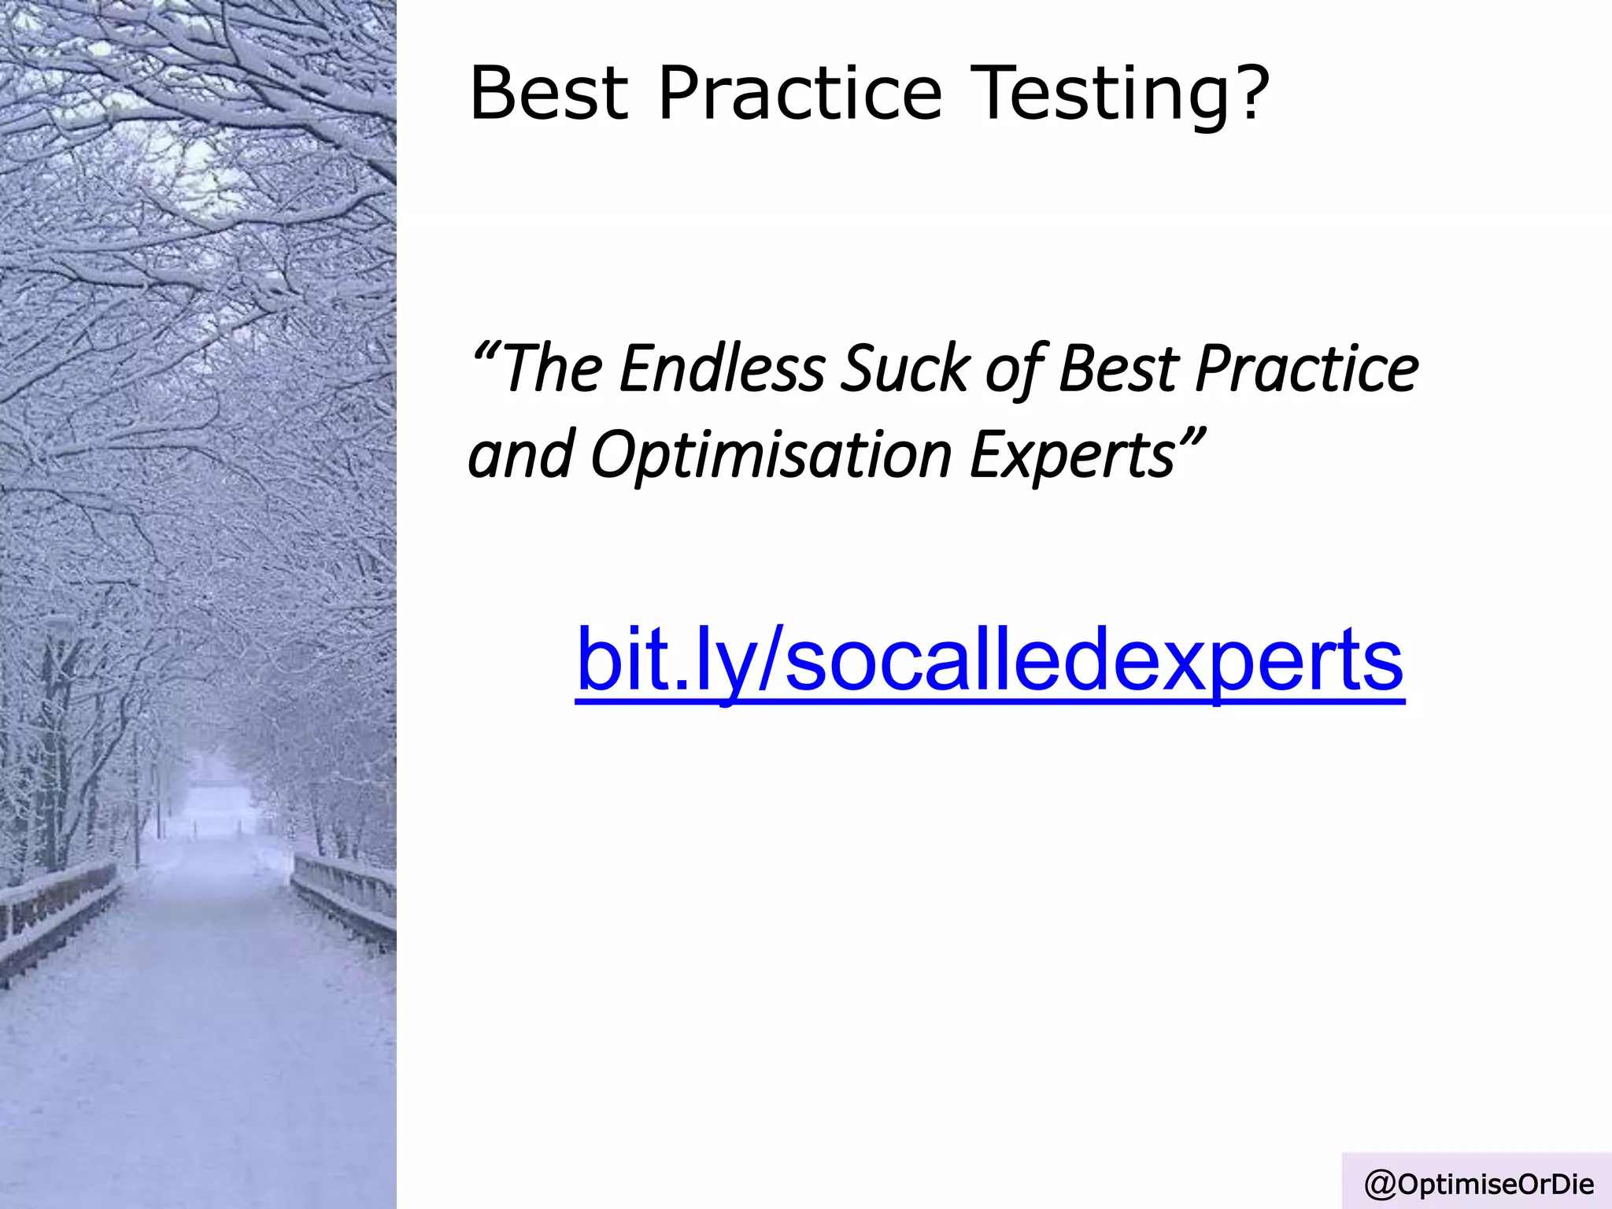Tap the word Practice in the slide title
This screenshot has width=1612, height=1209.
[x=800, y=94]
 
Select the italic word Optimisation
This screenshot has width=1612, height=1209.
[x=771, y=455]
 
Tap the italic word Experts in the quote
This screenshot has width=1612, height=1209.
[x=1072, y=455]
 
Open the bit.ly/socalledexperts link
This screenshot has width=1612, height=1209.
[x=989, y=660]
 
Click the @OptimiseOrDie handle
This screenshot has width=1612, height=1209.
[x=1479, y=1184]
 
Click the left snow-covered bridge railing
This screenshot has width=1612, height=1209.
[x=55, y=913]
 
